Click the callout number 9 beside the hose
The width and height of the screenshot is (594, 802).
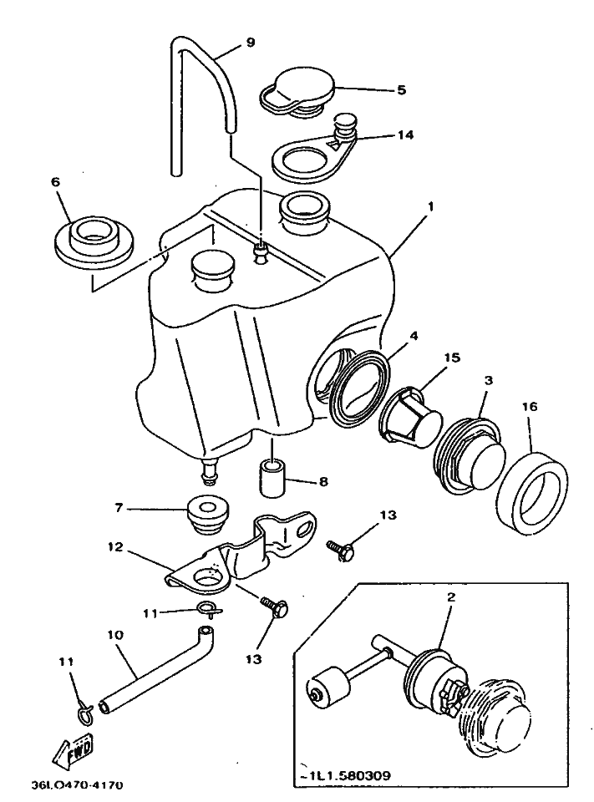pyautogui.click(x=227, y=41)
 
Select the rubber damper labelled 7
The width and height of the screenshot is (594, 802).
pyautogui.click(x=207, y=514)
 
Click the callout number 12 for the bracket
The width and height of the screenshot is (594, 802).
pyautogui.click(x=115, y=548)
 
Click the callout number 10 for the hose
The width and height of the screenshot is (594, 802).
pyautogui.click(x=115, y=636)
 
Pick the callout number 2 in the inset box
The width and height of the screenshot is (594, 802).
pyautogui.click(x=452, y=596)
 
